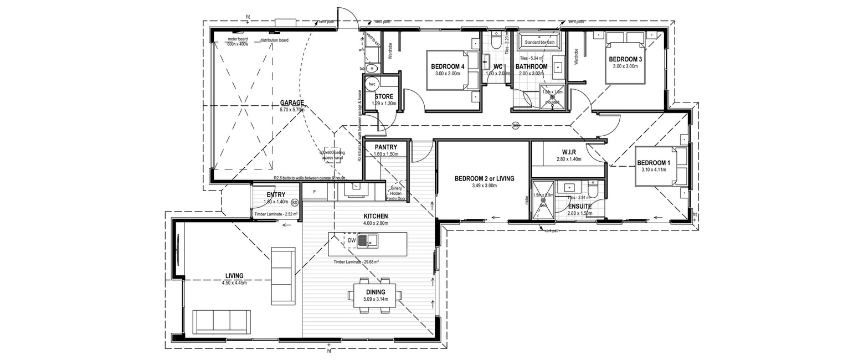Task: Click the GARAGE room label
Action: coord(292,102)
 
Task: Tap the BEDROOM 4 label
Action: coord(448,66)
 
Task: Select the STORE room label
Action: coord(384,96)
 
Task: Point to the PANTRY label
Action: coord(386,147)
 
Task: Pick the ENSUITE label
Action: coord(579,206)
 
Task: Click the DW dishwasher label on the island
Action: coord(352,240)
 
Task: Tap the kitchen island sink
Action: coord(368,240)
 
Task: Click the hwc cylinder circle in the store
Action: coord(372,85)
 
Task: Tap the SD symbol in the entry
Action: coord(295,203)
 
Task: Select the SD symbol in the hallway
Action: coord(516,125)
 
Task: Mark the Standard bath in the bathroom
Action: coord(539,42)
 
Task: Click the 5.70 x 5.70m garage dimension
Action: coord(292,110)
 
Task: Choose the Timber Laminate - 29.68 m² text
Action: coord(356,261)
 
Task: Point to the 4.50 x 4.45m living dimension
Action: coord(234,282)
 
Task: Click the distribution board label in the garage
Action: coord(274,40)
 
